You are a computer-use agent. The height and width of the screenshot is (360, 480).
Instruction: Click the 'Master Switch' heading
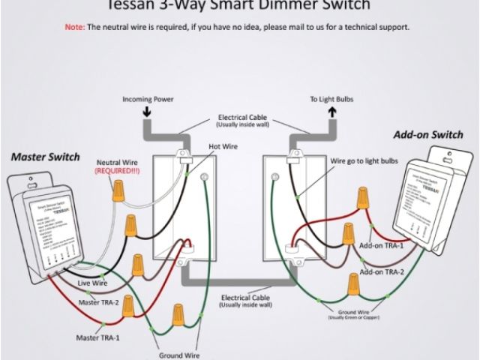coord(46,157)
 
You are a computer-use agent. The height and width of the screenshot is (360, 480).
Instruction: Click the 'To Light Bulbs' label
coord(331,99)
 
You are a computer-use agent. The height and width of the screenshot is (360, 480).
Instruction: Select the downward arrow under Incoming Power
coord(147,112)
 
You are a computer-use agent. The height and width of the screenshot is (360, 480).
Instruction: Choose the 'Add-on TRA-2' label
coord(381,271)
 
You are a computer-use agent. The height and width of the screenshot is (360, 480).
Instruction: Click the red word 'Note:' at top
coord(75,27)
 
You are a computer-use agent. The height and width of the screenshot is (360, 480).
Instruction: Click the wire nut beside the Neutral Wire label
coord(118,192)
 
